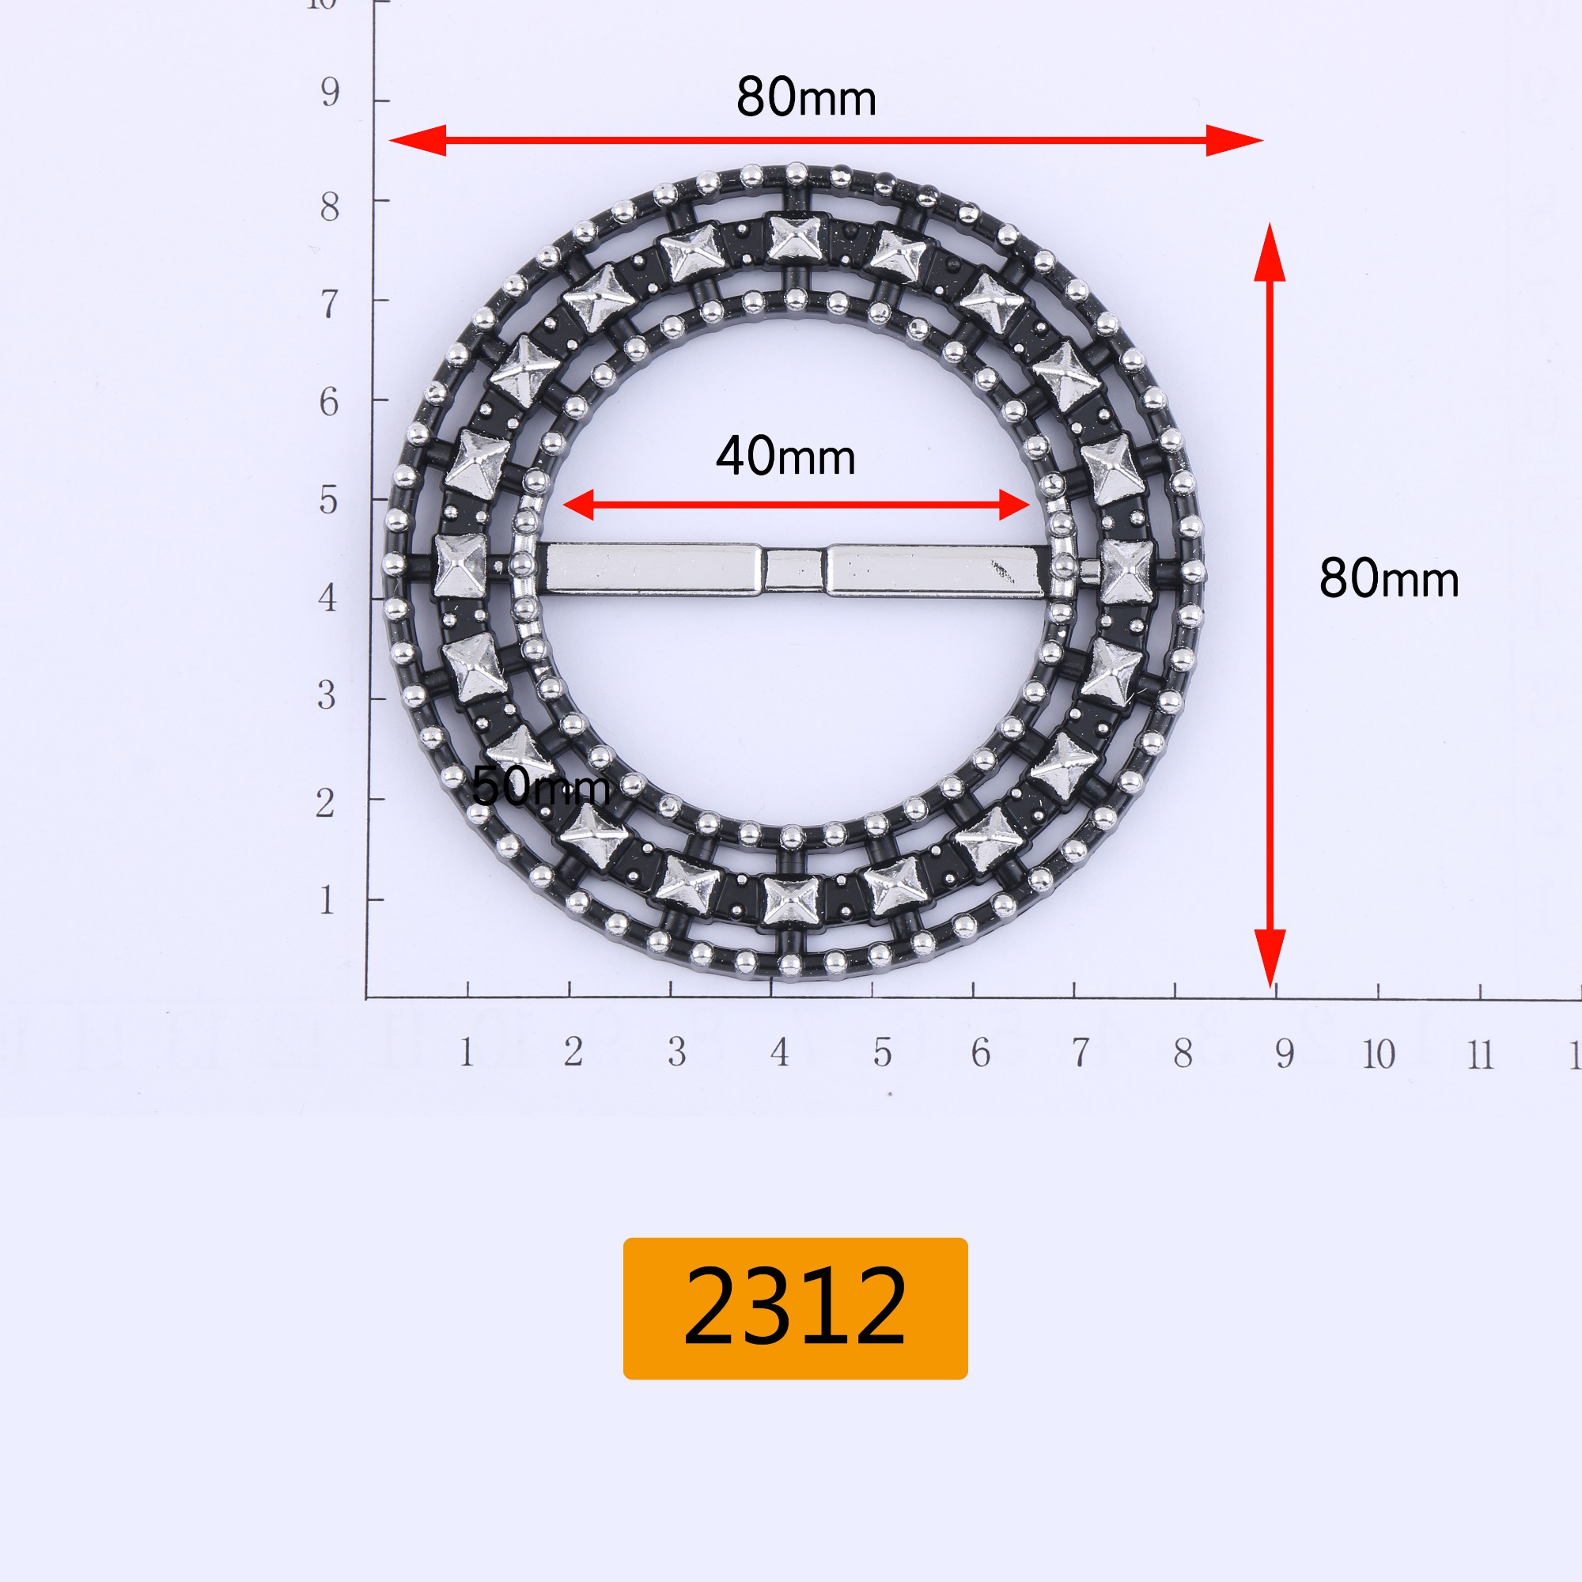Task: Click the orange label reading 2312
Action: [x=795, y=1308]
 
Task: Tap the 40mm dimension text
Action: [x=785, y=456]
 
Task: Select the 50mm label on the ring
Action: [x=541, y=786]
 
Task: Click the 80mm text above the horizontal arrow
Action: [x=806, y=97]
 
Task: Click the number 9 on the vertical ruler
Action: [x=330, y=93]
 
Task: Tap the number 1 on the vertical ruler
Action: [x=327, y=901]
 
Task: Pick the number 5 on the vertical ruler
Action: [x=328, y=499]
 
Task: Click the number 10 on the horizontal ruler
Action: [x=1379, y=1054]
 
